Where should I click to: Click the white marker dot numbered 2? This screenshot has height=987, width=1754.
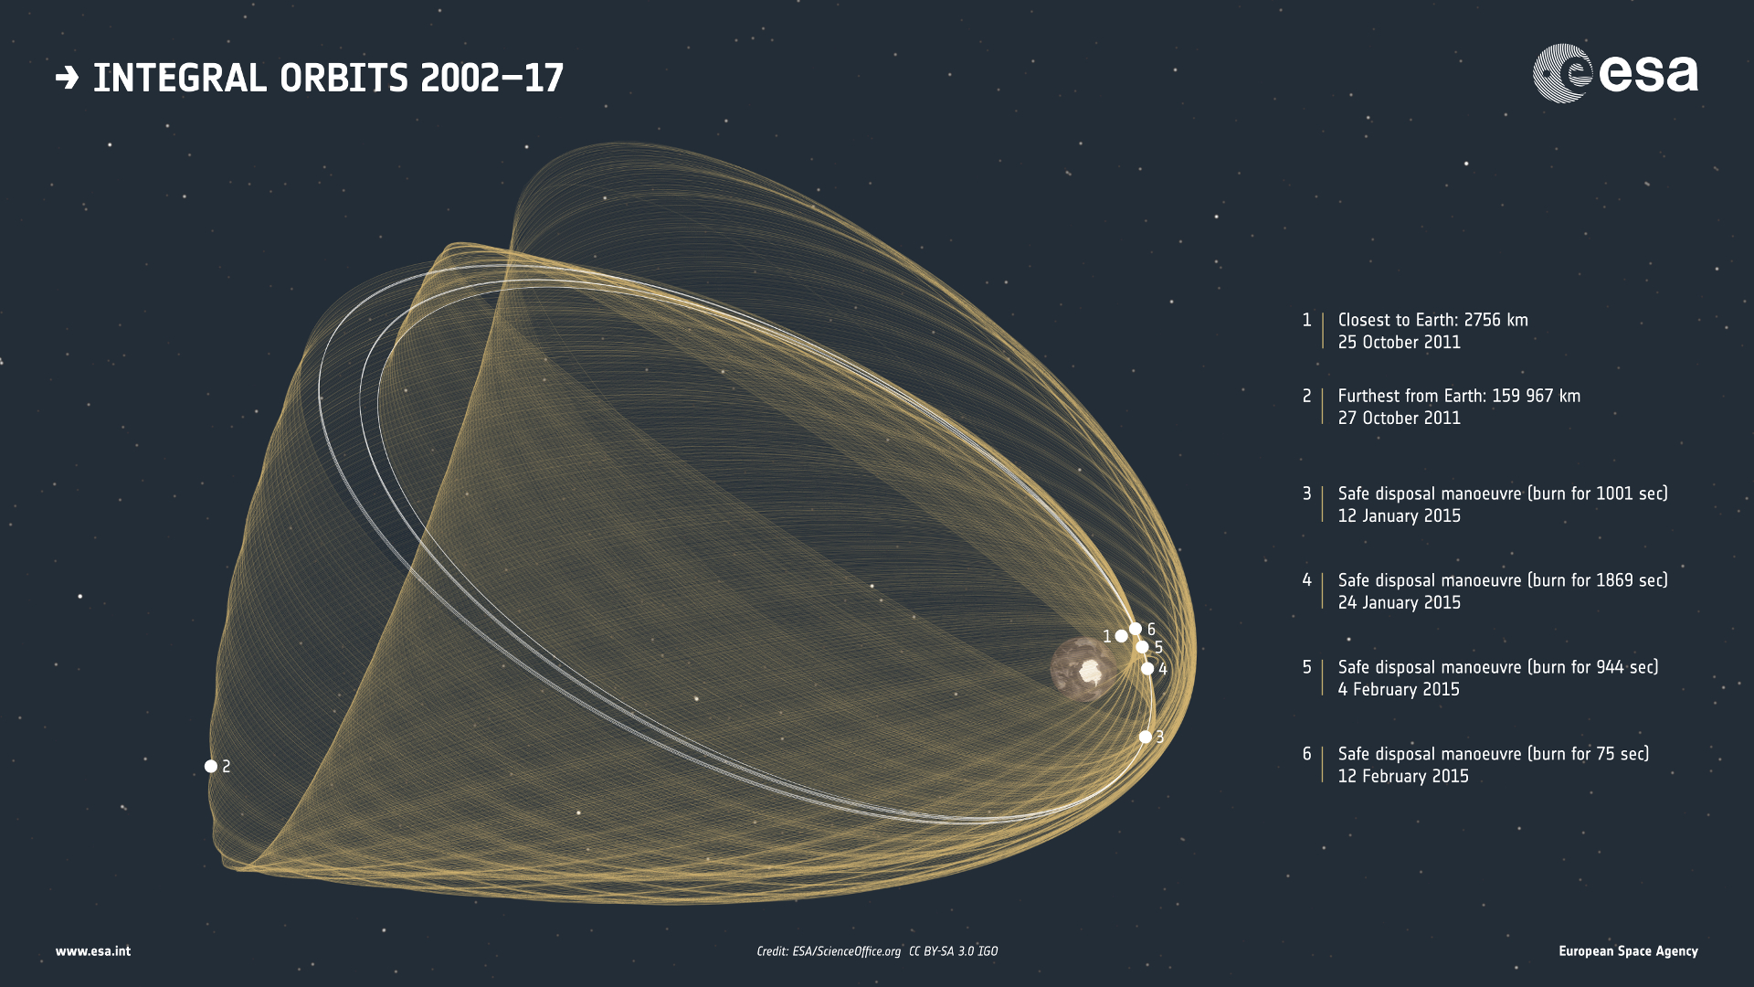click(x=211, y=766)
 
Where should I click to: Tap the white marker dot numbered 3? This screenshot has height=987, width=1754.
click(x=1146, y=737)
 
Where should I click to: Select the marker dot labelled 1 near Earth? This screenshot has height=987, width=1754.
click(x=1121, y=636)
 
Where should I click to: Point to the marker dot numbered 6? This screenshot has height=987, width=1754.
click(x=1135, y=629)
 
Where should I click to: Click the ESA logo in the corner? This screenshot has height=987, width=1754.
click(x=1615, y=73)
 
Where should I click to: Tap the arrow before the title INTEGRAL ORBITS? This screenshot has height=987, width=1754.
click(x=67, y=78)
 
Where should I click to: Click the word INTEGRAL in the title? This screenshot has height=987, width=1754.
click(x=180, y=78)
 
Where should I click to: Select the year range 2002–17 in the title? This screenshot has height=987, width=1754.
click(x=492, y=78)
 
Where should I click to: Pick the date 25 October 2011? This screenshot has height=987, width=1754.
click(x=1400, y=342)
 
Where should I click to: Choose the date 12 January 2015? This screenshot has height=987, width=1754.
click(x=1400, y=515)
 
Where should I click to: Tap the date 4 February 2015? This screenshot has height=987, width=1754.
click(x=1399, y=689)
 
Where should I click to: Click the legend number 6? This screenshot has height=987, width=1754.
click(x=1306, y=754)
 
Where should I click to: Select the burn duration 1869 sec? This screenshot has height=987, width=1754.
click(x=1629, y=580)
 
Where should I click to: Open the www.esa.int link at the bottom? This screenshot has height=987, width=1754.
click(x=93, y=951)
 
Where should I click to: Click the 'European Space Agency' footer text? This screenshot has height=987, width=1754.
click(x=1628, y=951)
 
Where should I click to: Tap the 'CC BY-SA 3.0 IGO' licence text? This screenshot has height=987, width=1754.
click(x=953, y=951)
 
